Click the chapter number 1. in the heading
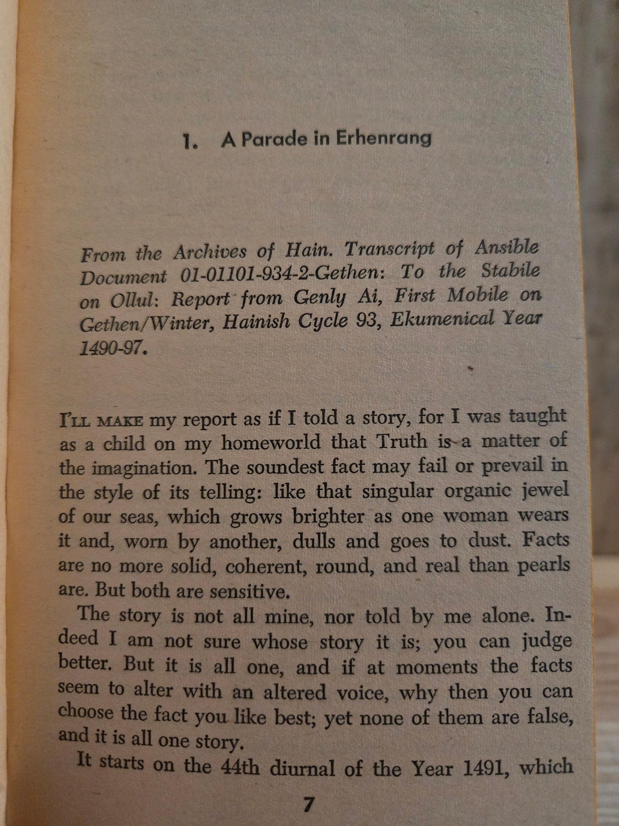coord(190,142)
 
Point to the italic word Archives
coord(209,252)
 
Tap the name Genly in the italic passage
coord(319,297)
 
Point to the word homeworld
coord(271,443)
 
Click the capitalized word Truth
coord(401,442)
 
